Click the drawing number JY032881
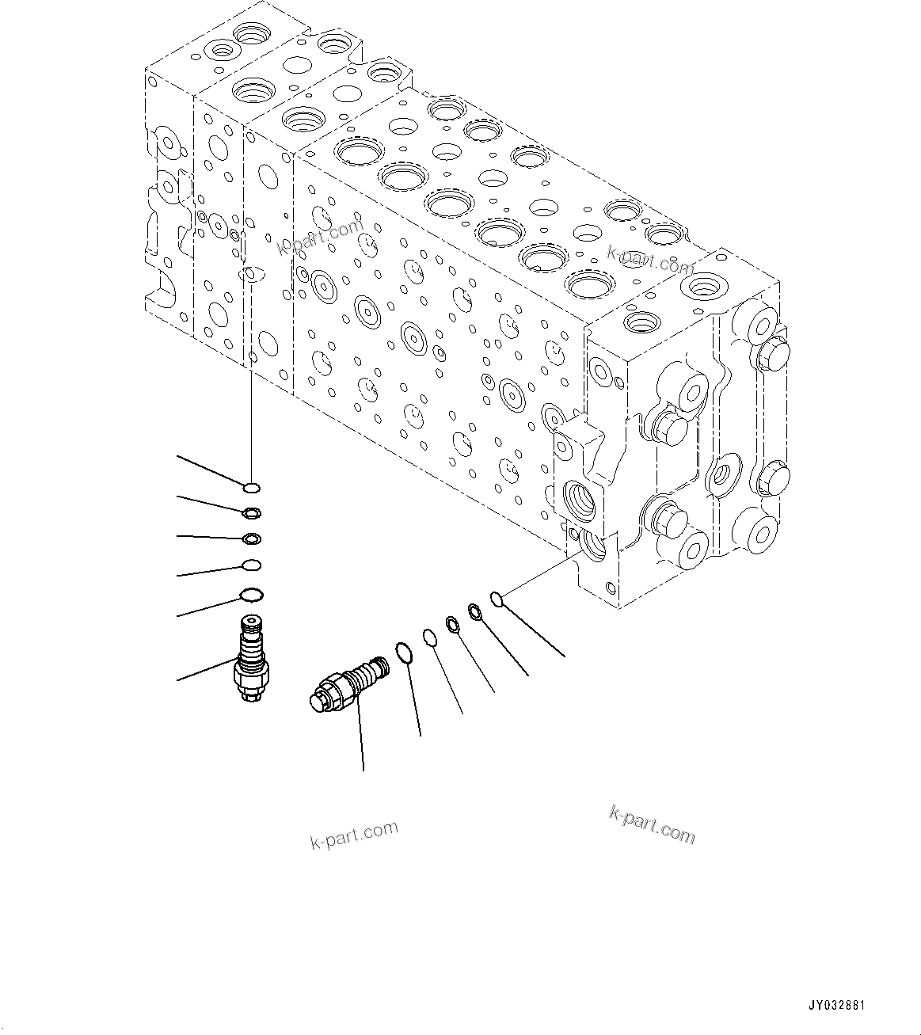836,1006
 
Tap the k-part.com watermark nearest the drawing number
652,824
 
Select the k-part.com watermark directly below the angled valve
353,834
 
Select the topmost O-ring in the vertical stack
252,487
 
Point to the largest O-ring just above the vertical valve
251,594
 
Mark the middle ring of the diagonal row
453,624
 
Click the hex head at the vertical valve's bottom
251,693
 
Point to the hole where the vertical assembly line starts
250,274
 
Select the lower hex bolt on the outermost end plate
772,478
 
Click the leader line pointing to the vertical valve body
206,669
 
